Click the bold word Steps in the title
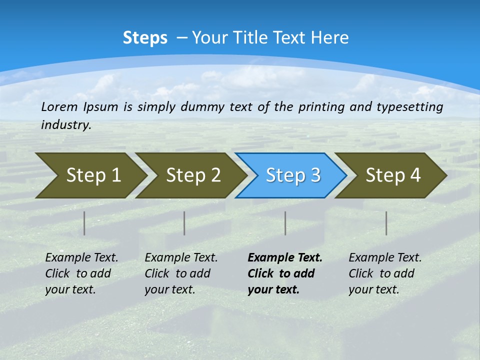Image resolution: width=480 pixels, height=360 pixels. pyautogui.click(x=145, y=38)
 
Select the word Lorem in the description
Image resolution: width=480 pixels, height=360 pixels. pyautogui.click(x=58, y=107)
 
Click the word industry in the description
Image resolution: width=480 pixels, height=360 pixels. pyautogui.click(x=65, y=125)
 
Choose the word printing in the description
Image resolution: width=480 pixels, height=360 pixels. pyautogui.click(x=321, y=107)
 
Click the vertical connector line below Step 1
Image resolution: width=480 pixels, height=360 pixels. pyautogui.click(x=84, y=223)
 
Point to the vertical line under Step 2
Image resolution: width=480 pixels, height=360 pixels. pyautogui.click(x=184, y=223)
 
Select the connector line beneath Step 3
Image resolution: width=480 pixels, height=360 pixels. pyautogui.click(x=285, y=223)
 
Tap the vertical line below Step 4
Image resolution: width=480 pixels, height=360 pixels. pyautogui.click(x=386, y=223)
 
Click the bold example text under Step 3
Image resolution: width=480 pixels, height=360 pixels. pyautogui.click(x=284, y=273)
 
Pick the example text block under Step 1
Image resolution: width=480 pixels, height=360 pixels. pyautogui.click(x=81, y=273)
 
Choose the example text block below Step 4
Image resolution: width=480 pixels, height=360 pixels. pyautogui.click(x=384, y=273)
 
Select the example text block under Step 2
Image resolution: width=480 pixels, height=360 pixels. pyautogui.click(x=181, y=273)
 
